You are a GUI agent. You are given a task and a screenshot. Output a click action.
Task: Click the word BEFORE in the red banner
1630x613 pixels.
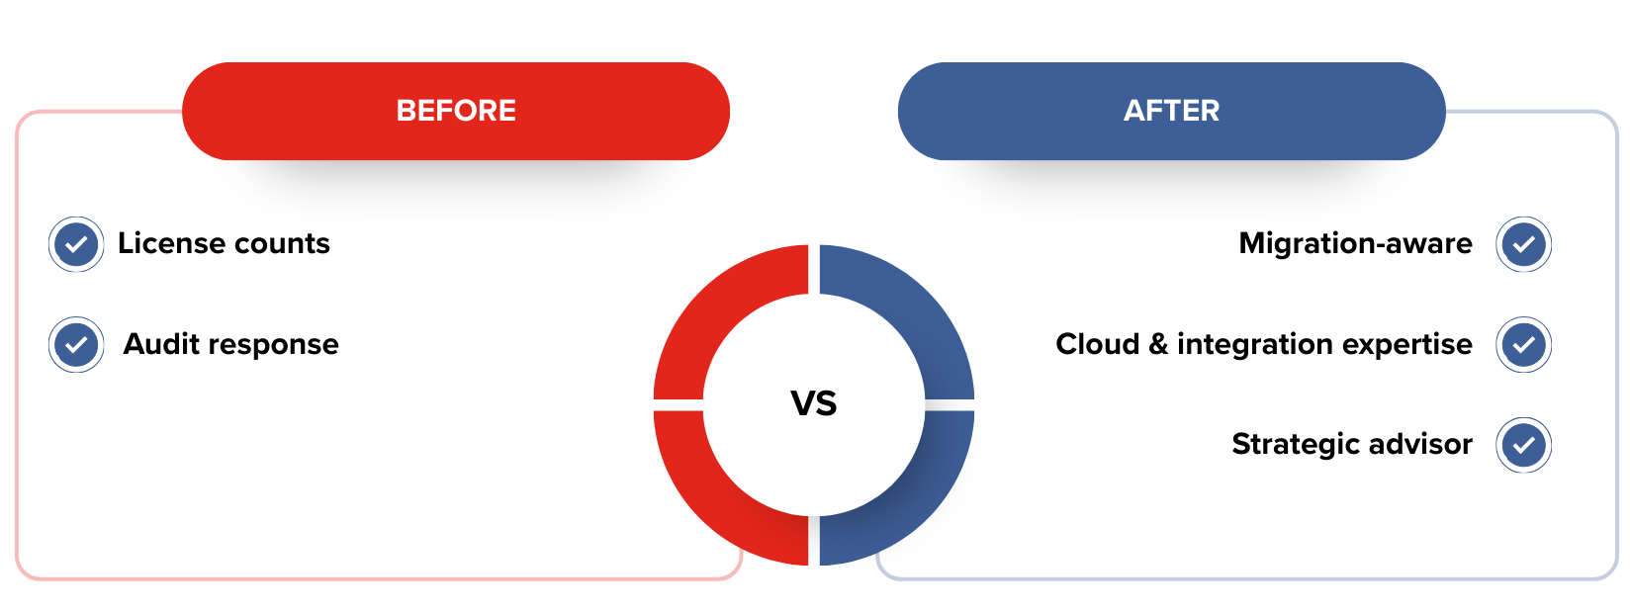[x=456, y=111]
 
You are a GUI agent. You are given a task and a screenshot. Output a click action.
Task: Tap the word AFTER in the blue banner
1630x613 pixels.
[x=1171, y=111]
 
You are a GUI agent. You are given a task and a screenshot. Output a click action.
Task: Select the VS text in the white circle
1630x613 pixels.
[x=814, y=403]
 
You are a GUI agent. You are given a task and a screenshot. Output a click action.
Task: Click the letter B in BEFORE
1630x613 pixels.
[x=406, y=111]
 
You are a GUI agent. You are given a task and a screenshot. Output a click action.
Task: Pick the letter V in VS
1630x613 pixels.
[x=801, y=403]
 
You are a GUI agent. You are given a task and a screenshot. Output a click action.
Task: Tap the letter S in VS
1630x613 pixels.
[x=827, y=403]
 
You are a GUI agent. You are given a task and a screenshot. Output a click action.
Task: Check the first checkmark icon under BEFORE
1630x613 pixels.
[x=76, y=244]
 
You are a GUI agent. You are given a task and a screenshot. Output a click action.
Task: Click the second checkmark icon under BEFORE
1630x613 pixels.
[x=76, y=344]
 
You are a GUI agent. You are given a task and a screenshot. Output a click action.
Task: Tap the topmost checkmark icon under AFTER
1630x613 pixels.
[x=1523, y=244]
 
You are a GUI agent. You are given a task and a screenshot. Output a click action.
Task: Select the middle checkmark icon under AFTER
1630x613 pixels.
[x=1523, y=344]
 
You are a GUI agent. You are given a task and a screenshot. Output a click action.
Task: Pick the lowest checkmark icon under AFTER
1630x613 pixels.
[x=1523, y=445]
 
